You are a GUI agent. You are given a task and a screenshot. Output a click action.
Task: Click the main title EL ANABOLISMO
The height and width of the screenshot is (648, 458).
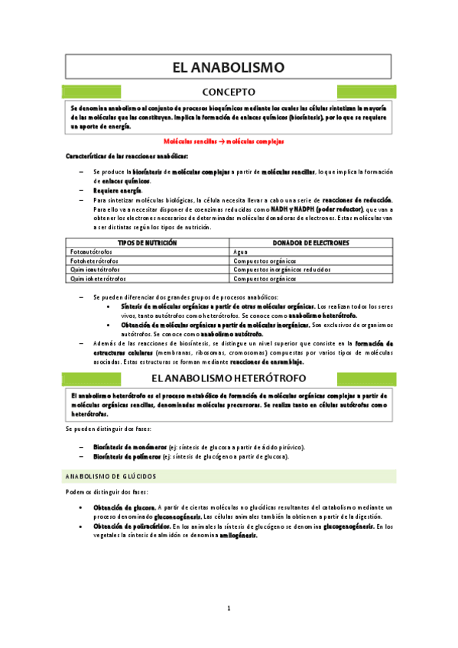click(228, 67)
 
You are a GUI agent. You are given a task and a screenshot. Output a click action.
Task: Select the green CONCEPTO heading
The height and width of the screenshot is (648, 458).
click(228, 92)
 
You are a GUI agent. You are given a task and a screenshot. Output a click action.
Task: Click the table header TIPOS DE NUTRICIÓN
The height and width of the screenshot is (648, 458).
click(148, 242)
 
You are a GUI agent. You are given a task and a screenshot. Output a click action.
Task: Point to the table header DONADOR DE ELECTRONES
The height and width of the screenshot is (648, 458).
click(311, 242)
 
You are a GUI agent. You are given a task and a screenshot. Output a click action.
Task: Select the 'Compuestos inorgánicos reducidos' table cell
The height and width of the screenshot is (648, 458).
click(283, 270)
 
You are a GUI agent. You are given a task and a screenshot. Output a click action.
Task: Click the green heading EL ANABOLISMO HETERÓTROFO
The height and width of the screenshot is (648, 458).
click(228, 378)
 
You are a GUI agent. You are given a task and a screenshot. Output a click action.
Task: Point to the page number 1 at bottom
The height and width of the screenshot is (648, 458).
click(228, 608)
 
